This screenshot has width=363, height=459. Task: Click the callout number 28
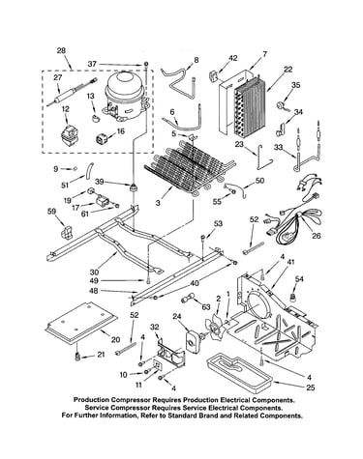click(x=61, y=50)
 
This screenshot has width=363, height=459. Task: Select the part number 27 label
click(x=58, y=77)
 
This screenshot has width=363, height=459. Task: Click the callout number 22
click(x=287, y=70)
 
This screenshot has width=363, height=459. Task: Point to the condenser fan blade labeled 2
click(x=214, y=329)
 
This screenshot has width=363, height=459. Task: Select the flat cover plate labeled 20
click(x=81, y=322)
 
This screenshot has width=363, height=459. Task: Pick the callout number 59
click(x=51, y=212)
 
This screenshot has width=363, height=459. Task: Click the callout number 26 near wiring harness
click(x=317, y=236)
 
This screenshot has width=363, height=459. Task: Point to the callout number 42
click(x=233, y=58)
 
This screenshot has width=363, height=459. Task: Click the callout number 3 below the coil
click(x=158, y=203)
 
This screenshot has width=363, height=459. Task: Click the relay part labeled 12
click(x=68, y=134)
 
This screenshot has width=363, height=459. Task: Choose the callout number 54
click(x=299, y=279)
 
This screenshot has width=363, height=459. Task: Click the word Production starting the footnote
click(x=90, y=400)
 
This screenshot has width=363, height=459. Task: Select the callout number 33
click(x=279, y=148)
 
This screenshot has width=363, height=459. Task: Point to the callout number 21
click(x=101, y=355)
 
